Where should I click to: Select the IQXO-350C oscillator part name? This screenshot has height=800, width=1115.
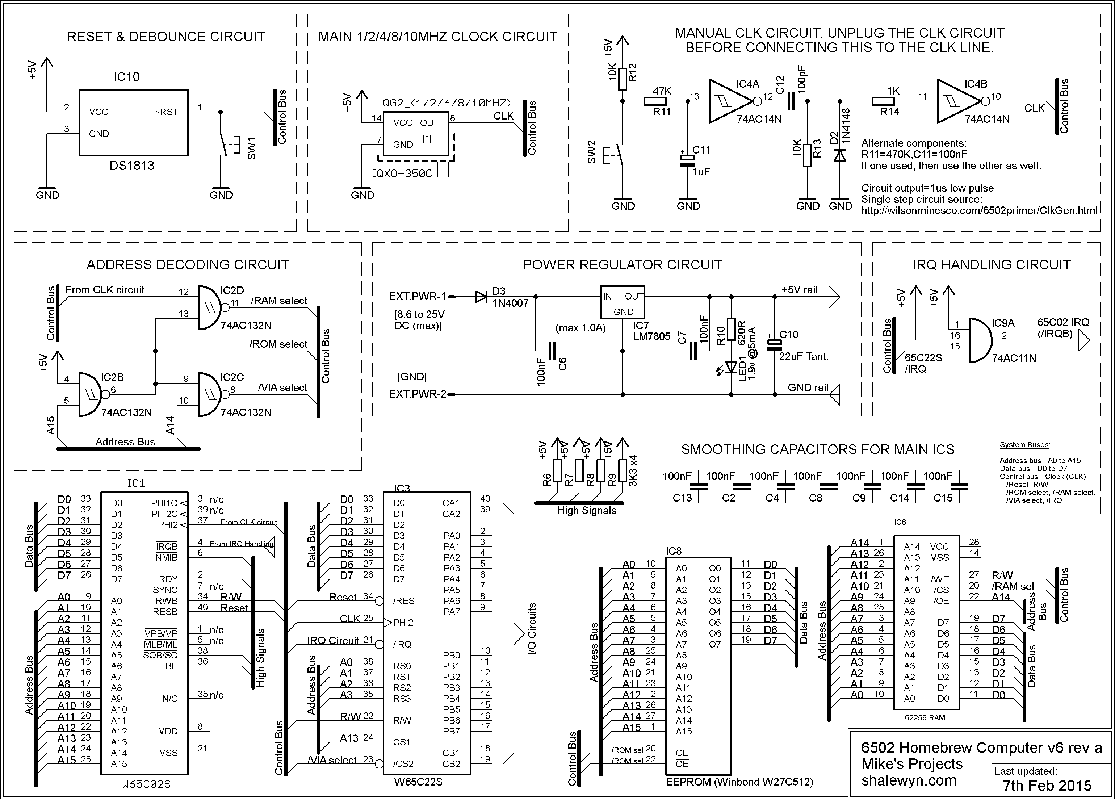coord(402,173)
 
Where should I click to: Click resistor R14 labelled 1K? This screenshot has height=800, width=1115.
coord(886,101)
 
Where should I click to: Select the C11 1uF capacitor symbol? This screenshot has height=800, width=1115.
coord(687,161)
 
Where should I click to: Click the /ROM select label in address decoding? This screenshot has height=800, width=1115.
coord(278,344)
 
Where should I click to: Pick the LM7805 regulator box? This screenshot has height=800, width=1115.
coord(623,302)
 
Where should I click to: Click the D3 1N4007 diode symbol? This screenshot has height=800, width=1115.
coord(481,297)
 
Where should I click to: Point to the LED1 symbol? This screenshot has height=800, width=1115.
coord(731,367)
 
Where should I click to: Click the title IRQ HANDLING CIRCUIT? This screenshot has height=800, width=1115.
coord(991,265)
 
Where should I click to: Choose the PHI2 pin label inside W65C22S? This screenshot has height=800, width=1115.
coord(403,623)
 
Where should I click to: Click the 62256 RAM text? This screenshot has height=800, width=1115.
coord(925,717)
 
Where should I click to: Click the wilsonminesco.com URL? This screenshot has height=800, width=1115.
coord(979,210)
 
